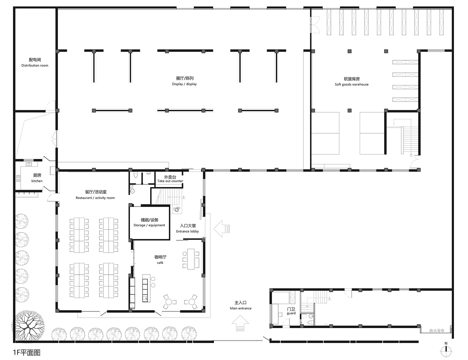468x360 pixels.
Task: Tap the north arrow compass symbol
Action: (x=446, y=350)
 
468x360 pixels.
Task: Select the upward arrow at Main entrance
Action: (x=240, y=323)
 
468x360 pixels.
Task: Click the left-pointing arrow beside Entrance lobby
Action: (x=222, y=228)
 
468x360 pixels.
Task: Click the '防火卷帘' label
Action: (x=437, y=331)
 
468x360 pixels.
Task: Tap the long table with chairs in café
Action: (x=191, y=259)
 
